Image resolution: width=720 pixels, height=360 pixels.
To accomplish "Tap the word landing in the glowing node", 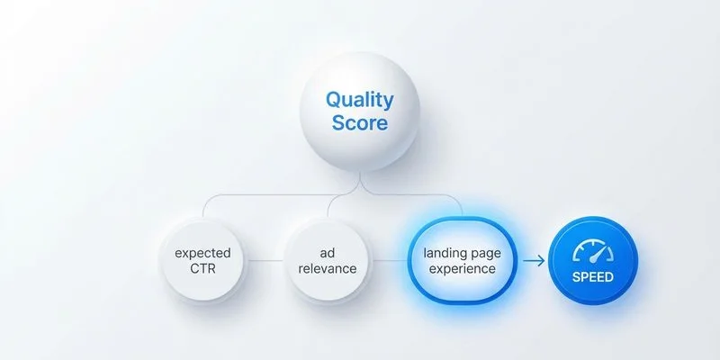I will click(444, 253).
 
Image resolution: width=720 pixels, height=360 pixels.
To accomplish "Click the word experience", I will click(463, 268).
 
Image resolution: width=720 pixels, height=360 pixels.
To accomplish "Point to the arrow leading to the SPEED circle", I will click(533, 261).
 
